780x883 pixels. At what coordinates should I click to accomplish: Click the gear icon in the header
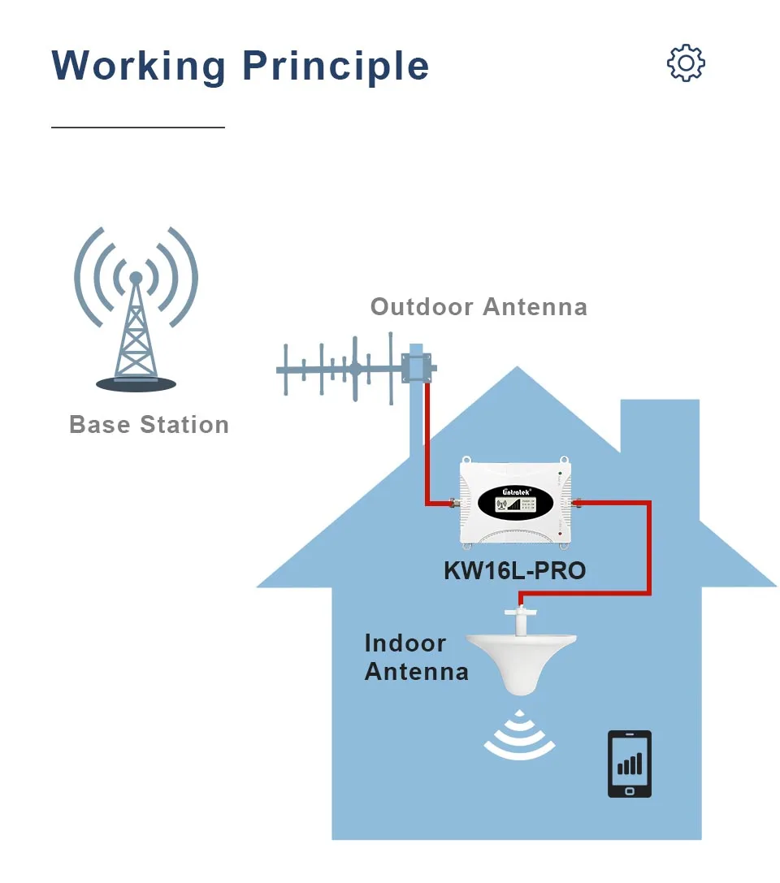coord(686,63)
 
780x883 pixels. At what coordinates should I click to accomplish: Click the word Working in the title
coord(139,65)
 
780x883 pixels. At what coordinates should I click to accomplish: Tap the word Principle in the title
coord(336,67)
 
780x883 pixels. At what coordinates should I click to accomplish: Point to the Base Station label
coord(149,425)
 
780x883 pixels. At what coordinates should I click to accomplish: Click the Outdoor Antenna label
coord(479,307)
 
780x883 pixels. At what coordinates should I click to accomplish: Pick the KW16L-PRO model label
coord(514,570)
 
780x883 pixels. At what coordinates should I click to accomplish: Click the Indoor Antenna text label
coord(416,657)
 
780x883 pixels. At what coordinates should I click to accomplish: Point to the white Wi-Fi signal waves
coord(520,735)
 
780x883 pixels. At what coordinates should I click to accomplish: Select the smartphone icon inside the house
coord(630,764)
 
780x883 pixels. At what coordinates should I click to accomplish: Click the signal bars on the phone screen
coord(630,764)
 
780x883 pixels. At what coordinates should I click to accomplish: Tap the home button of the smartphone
coord(630,790)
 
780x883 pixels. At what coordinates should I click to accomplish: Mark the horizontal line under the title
coord(137,128)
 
